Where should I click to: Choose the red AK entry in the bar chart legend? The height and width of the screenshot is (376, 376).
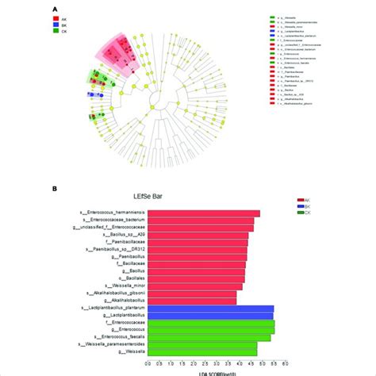298,201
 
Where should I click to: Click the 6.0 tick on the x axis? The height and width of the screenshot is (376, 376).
291,363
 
